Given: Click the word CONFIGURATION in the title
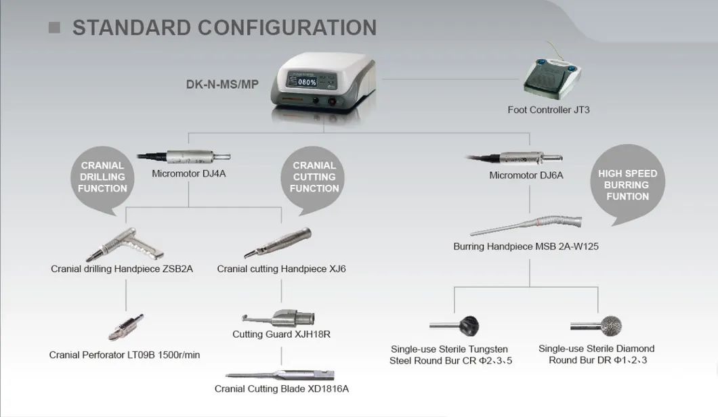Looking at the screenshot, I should tap(287, 28).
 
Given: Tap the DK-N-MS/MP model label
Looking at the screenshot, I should tap(222, 85).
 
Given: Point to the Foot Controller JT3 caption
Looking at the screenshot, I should tap(548, 110).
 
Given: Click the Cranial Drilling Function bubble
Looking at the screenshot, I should tap(102, 177).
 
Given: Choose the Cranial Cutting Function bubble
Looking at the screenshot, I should tap(314, 177).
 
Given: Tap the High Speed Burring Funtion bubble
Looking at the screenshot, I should tap(627, 185).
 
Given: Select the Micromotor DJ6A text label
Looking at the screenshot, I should tap(526, 176).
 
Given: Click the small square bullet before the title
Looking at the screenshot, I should tap(54, 28).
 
